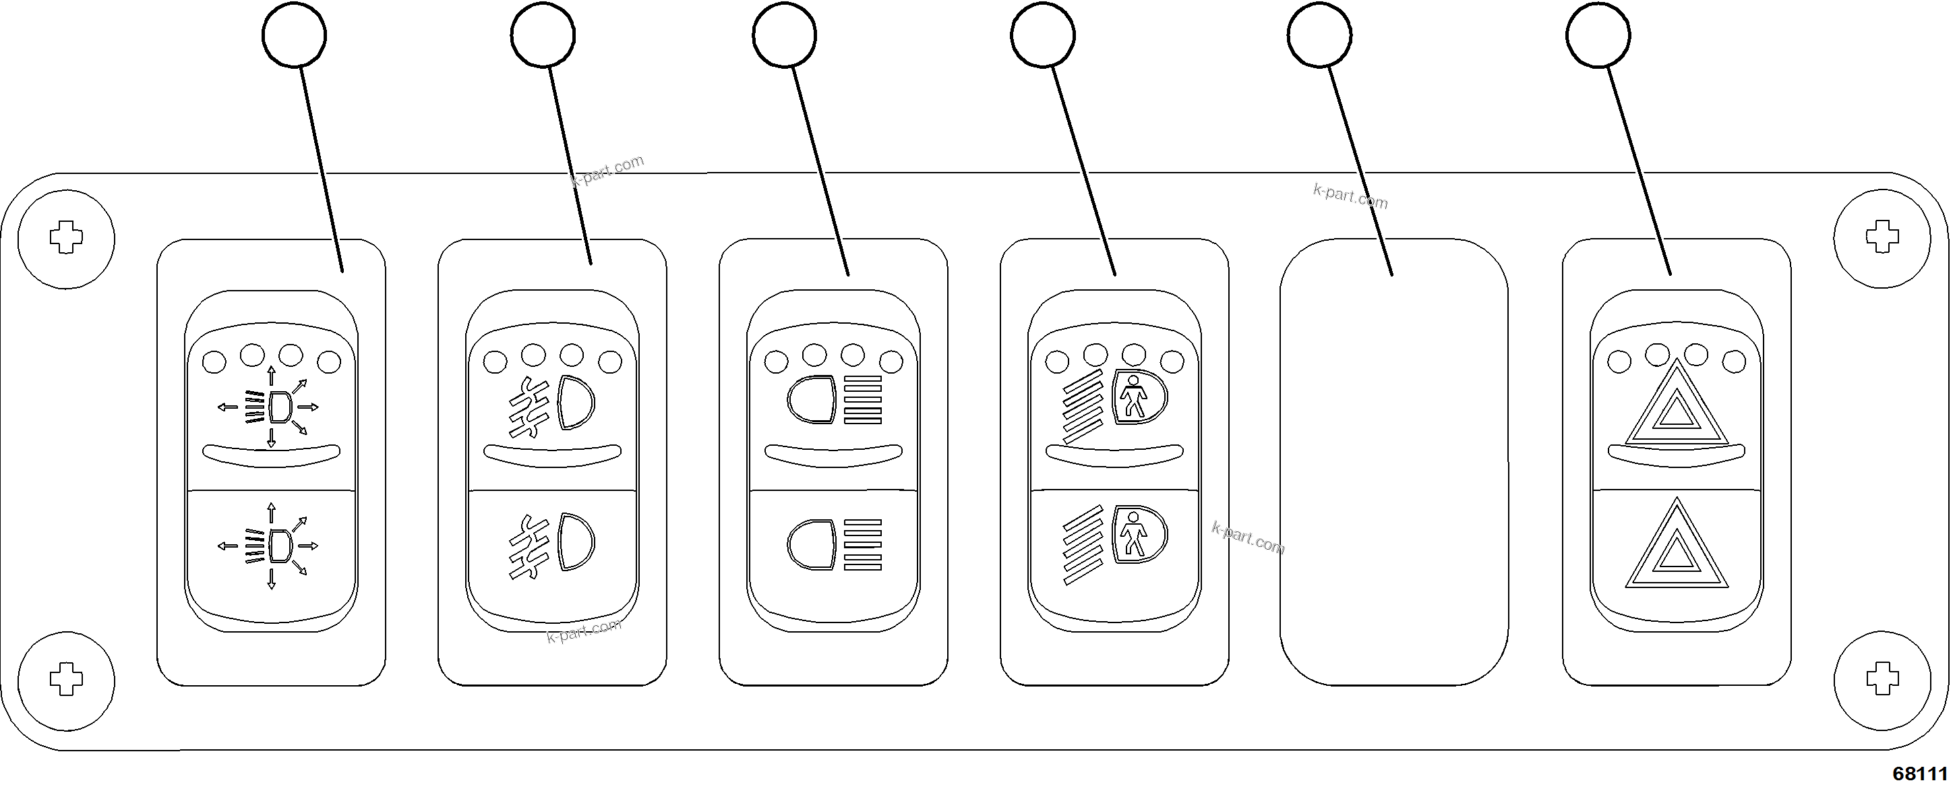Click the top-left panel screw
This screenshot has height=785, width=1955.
[x=66, y=238]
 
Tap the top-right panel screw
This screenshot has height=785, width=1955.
[x=1882, y=237]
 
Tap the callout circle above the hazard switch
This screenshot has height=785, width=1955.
[x=1598, y=35]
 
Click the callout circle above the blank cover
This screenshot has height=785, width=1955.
[x=1319, y=35]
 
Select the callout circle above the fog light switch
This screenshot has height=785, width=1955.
[x=543, y=35]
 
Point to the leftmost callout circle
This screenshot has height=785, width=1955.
[x=295, y=35]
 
